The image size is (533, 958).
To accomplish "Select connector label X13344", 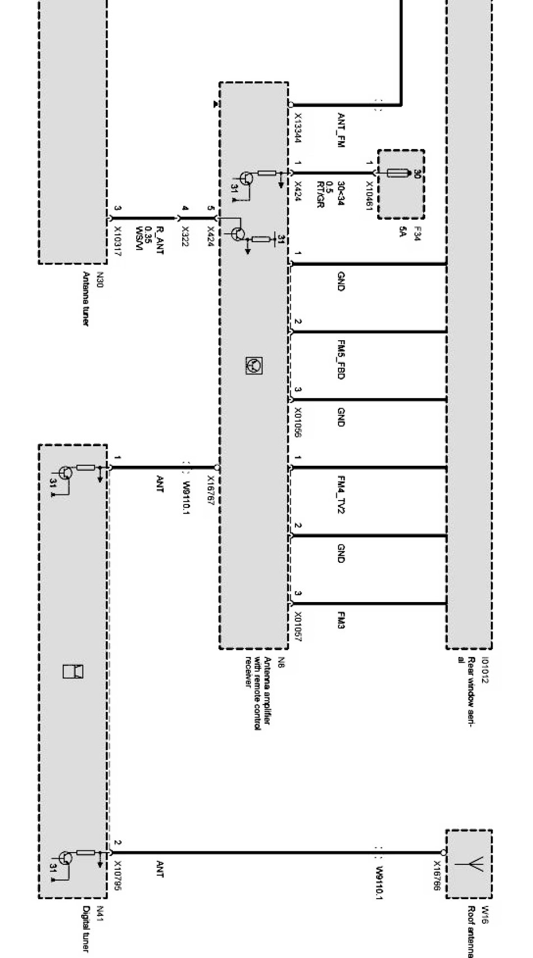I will click(298, 128).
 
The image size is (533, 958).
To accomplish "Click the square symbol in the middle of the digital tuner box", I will click(73, 671).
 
